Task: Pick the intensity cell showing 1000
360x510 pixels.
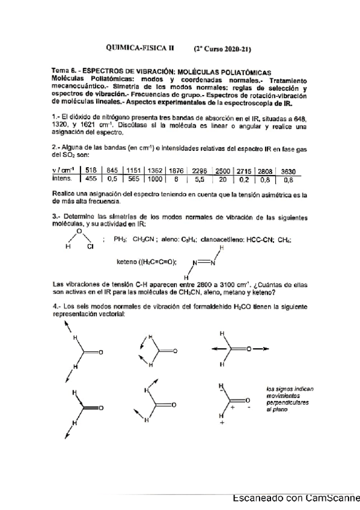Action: pyautogui.click(x=156, y=179)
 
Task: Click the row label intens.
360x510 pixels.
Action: pyautogui.click(x=63, y=179)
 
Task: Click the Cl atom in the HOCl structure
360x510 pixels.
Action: pyautogui.click(x=91, y=246)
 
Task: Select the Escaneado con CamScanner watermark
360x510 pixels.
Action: pyautogui.click(x=295, y=498)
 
